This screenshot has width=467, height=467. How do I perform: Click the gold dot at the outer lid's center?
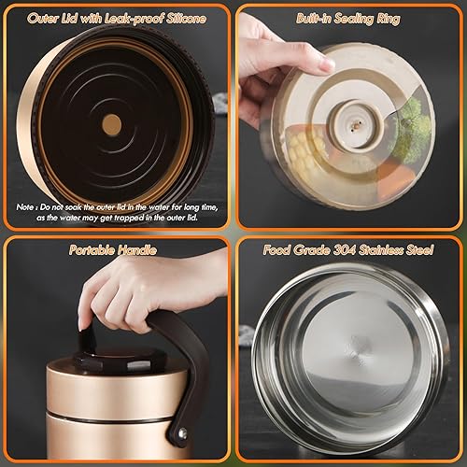coord(111,121)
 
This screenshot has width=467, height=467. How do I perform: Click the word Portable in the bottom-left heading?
coord(90,250)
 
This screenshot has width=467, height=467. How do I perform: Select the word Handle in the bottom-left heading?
coord(140,250)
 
